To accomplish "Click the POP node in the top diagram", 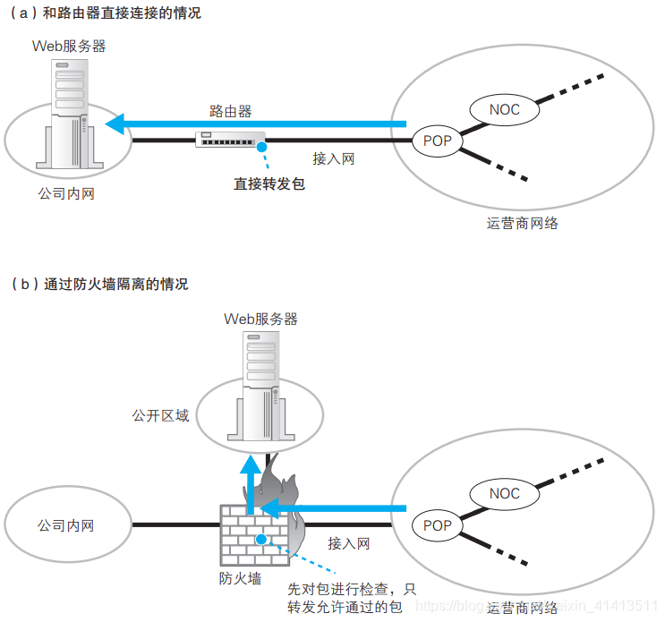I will point(438,141).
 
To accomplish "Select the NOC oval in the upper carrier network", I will point(504,110).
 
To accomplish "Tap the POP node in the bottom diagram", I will point(438,524).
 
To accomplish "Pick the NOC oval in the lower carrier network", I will point(504,494).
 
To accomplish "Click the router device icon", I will point(231,140).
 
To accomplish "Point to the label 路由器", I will point(230,111).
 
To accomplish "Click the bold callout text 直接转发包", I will point(269,183).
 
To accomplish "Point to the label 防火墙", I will point(241,578).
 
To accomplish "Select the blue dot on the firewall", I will point(261,540).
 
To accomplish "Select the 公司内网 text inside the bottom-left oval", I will point(65,525).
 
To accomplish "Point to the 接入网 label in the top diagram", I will point(334,158).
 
